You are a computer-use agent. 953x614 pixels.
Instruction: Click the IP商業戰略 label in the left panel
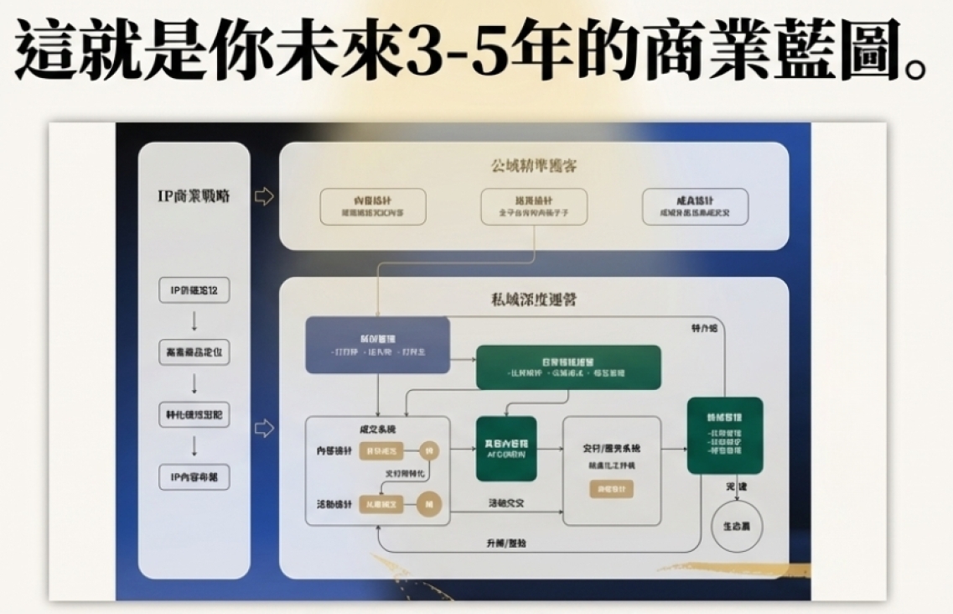click(194, 196)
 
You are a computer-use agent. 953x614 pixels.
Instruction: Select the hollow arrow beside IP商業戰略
click(264, 197)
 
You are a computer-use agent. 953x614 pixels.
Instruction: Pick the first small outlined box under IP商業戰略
click(194, 291)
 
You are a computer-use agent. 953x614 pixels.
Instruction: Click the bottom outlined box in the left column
click(194, 476)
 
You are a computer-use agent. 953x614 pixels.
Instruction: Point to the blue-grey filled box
click(377, 345)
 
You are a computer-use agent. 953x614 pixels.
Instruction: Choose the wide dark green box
click(568, 367)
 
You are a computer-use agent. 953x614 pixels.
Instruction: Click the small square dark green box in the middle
click(506, 448)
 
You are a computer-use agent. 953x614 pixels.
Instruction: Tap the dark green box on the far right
click(724, 435)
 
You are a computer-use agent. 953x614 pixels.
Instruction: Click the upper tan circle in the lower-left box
click(430, 450)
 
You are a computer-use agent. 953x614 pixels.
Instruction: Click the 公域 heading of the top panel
click(533, 165)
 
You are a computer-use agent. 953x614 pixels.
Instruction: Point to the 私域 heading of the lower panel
click(533, 299)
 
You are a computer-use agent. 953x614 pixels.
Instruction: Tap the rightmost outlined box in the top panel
click(695, 206)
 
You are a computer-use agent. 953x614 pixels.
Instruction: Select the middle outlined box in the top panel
click(534, 206)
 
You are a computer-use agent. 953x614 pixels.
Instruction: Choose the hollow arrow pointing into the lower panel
click(264, 429)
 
